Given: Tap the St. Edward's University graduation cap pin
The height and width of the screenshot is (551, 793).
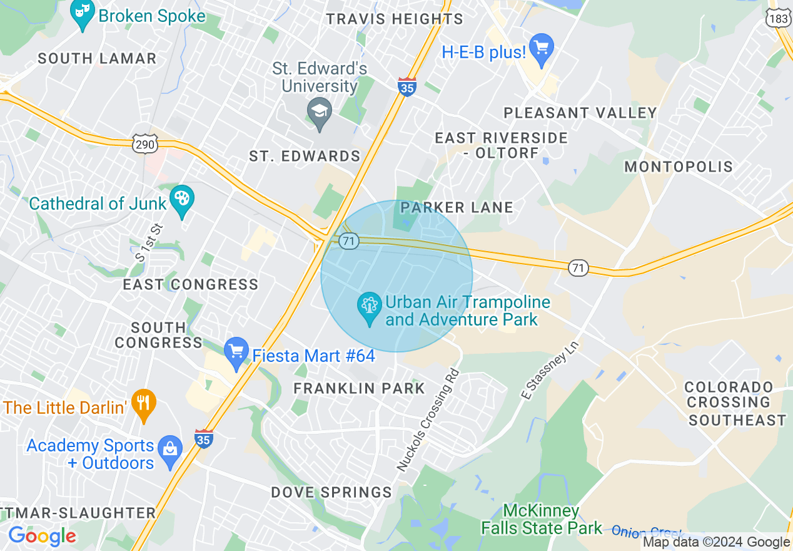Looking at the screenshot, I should [320, 113].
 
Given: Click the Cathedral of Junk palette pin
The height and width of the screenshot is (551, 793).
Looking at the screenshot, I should [182, 201].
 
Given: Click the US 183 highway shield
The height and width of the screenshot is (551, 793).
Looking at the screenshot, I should [778, 18].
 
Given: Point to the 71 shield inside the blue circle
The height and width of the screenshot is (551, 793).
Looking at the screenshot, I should [348, 240].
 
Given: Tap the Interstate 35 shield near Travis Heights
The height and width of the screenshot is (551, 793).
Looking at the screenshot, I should [407, 87].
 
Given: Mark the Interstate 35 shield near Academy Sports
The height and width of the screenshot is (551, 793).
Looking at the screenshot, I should [203, 438].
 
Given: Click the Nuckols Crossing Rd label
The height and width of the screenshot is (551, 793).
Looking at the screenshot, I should [428, 420].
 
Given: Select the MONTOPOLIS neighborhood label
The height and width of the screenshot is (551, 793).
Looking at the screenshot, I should [679, 167].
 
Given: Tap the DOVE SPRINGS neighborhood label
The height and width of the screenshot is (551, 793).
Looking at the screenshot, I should [331, 492].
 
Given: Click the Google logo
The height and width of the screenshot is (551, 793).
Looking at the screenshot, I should [42, 536].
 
